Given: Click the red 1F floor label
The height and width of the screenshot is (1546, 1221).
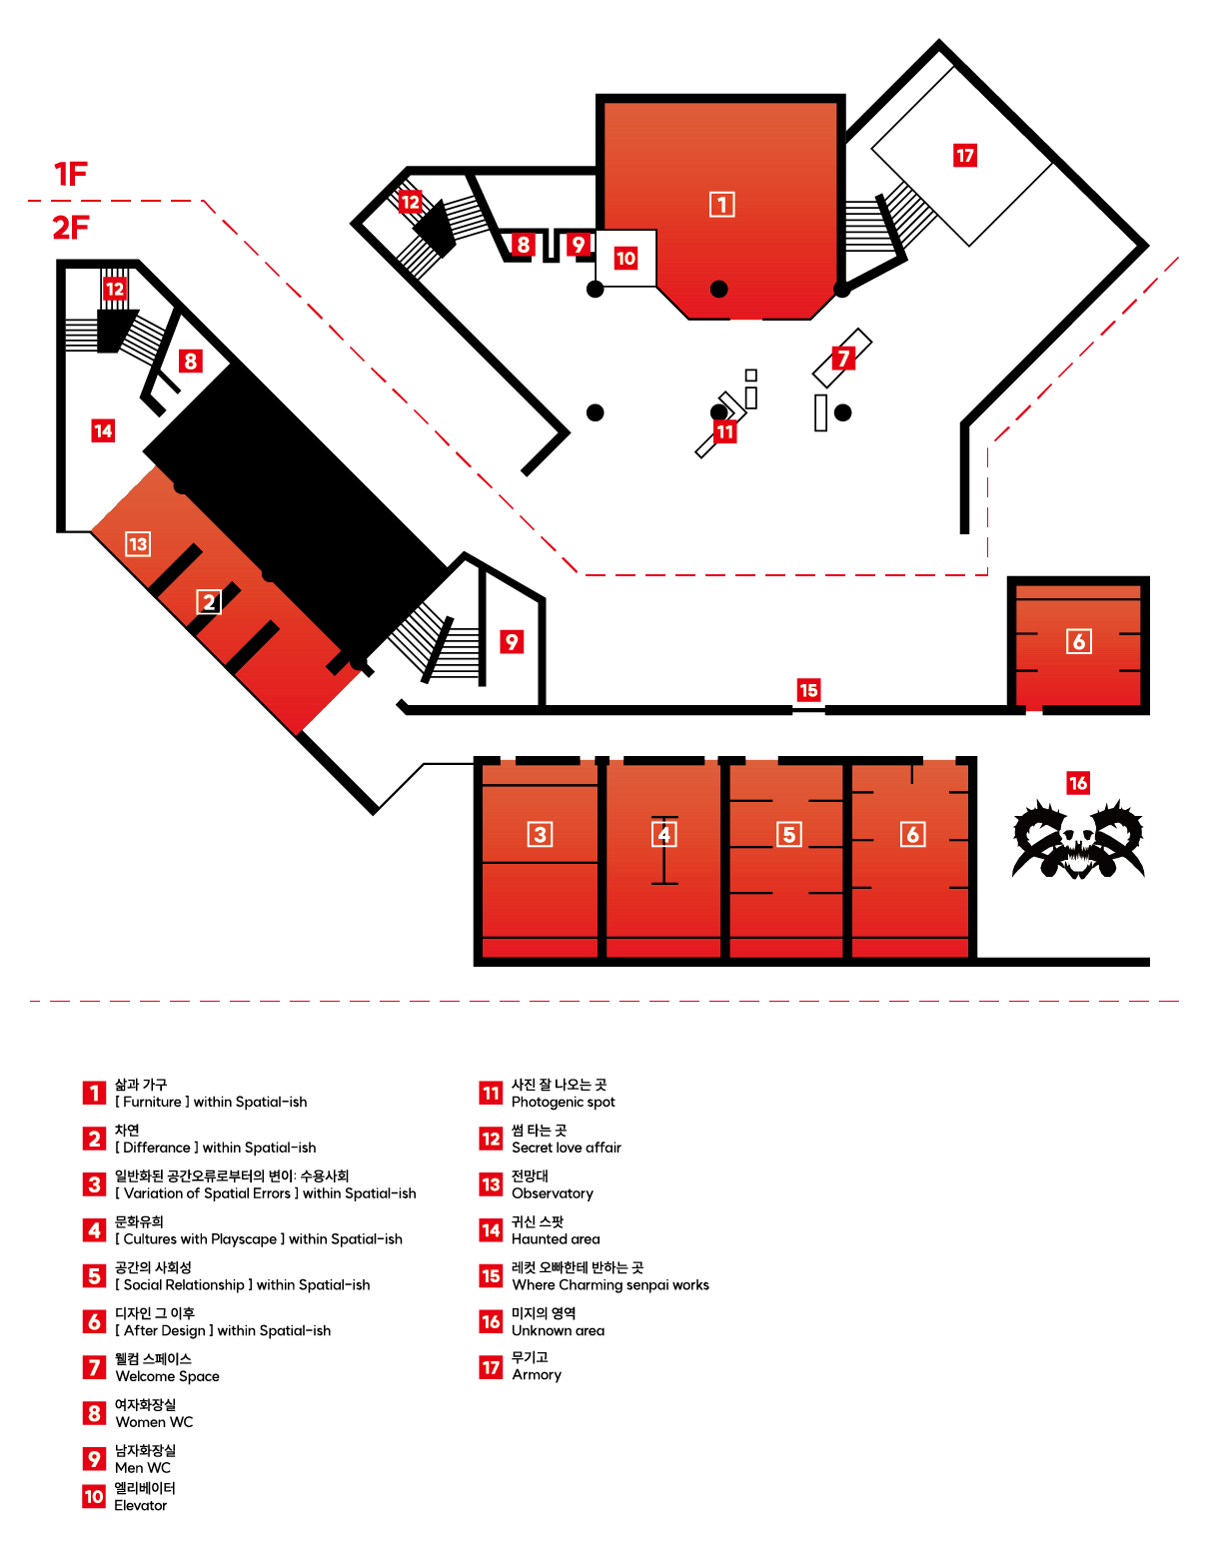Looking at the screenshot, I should (71, 175).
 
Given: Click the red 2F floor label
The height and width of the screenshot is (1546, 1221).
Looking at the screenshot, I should (71, 228).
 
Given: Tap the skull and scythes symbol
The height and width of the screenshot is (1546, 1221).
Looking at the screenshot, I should (1077, 839).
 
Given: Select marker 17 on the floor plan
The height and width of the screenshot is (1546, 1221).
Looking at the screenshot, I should (964, 156).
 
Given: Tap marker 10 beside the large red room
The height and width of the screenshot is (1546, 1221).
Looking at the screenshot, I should (625, 259).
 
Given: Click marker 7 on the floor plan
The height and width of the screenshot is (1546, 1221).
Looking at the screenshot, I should (843, 358).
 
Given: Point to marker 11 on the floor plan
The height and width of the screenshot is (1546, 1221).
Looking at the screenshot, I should (725, 431).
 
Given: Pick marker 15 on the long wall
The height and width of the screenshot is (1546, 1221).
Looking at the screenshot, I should (808, 690).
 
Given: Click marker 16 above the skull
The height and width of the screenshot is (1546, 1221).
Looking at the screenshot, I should (1077, 783).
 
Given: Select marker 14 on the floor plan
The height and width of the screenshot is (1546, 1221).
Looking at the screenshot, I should (103, 430).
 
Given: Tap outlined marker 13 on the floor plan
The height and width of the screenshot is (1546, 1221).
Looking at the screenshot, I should (138, 544).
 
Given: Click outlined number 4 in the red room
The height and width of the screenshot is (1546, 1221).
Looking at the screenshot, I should (664, 834).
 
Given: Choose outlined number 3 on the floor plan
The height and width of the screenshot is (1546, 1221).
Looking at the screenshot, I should (540, 834).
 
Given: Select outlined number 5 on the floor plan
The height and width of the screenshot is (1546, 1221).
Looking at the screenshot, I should (788, 834).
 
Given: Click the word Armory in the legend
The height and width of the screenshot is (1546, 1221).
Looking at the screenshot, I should (537, 1375).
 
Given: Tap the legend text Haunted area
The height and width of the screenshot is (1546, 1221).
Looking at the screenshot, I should (556, 1239).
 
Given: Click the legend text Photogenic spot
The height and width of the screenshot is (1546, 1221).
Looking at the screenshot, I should (564, 1103).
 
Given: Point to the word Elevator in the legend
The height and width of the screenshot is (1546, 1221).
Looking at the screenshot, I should (140, 1506).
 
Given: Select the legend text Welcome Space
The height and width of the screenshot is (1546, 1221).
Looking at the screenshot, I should (167, 1376).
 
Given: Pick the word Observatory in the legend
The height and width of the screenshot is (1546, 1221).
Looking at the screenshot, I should (553, 1193).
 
